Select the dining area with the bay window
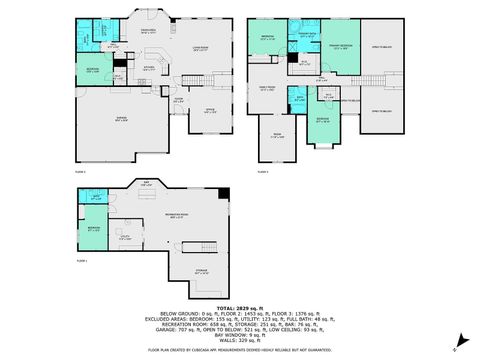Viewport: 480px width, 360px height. pos(147,33)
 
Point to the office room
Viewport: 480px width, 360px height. pos(211,112)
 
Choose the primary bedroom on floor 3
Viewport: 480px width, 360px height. pos(340,47)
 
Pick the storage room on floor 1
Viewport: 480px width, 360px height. pos(201,270)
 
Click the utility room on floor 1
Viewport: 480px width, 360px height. pos(124,239)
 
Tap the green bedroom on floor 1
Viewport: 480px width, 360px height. pos(93,229)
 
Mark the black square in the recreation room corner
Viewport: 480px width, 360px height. pos(223,194)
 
